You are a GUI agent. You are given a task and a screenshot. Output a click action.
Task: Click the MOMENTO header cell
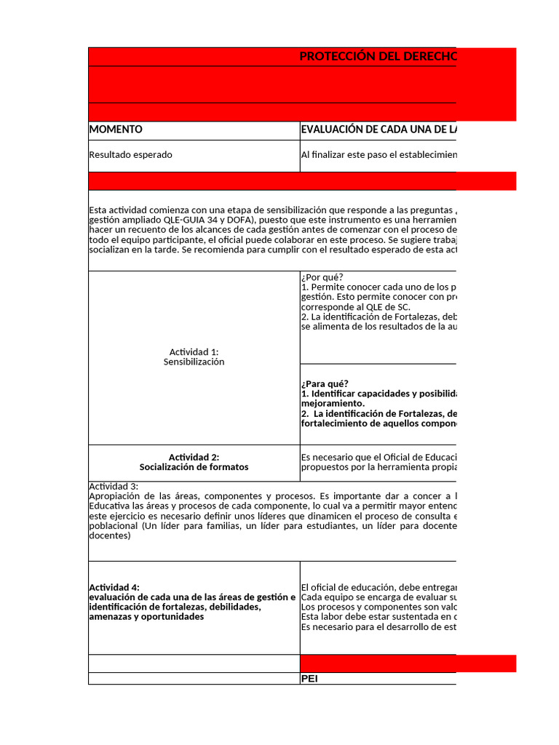pyautogui.click(x=116, y=130)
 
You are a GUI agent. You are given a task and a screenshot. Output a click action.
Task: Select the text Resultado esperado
pyautogui.click(x=131, y=155)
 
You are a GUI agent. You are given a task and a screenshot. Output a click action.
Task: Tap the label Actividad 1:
pyautogui.click(x=194, y=352)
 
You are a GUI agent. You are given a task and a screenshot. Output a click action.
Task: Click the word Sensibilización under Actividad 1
pyautogui.click(x=194, y=362)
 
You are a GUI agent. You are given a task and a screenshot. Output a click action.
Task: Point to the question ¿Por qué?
pyautogui.click(x=321, y=277)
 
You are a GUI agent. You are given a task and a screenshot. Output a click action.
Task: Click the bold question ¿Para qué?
pyautogui.click(x=324, y=384)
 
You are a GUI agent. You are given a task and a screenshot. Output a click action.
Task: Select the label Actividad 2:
pyautogui.click(x=194, y=458)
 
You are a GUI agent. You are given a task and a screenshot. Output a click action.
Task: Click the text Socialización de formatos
pyautogui.click(x=194, y=467)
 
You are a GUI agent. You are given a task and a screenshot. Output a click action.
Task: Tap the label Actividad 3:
pyautogui.click(x=114, y=487)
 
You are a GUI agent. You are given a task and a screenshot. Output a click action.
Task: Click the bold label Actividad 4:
pyautogui.click(x=114, y=588)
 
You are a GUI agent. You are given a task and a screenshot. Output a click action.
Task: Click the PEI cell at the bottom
pyautogui.click(x=309, y=679)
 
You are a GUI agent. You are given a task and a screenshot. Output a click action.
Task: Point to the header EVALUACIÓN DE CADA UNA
pyautogui.click(x=378, y=130)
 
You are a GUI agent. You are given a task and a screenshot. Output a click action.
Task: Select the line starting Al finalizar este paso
pyautogui.click(x=378, y=155)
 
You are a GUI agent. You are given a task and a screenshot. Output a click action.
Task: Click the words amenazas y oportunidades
pyautogui.click(x=146, y=617)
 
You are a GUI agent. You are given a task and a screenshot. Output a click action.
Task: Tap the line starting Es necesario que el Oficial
pyautogui.click(x=378, y=458)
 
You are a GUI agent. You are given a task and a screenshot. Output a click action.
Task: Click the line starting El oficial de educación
pyautogui.click(x=378, y=588)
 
